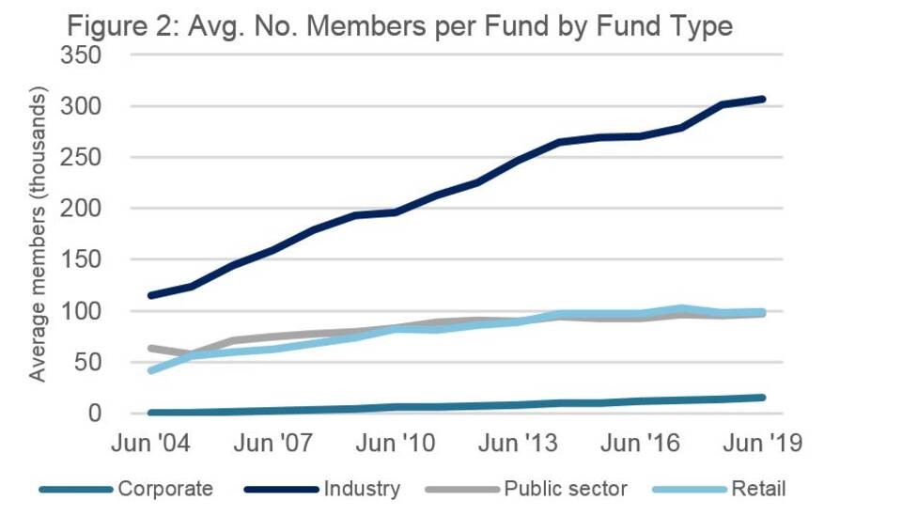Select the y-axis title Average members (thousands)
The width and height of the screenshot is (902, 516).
38,235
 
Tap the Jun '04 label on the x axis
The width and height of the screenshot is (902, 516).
151,444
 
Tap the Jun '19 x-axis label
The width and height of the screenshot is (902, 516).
762,444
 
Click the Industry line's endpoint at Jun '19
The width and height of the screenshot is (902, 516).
762,99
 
